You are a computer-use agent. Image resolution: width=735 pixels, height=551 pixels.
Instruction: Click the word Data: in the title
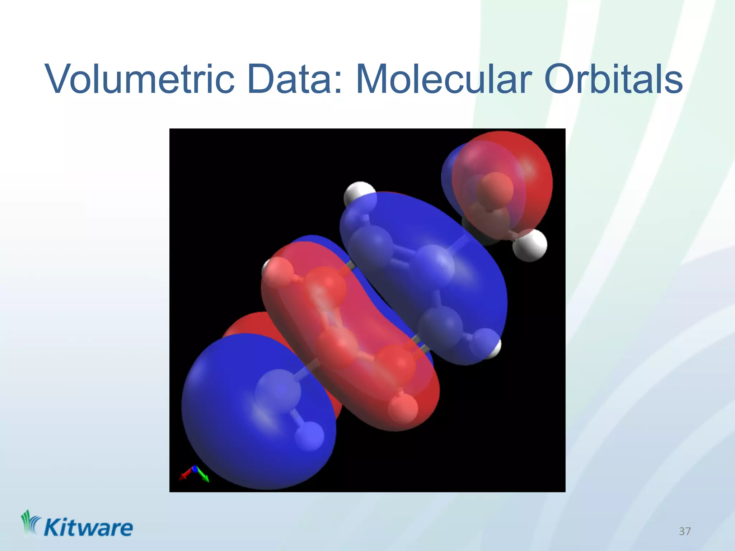click(x=294, y=79)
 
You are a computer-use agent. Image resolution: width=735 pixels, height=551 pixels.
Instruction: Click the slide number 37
click(x=685, y=531)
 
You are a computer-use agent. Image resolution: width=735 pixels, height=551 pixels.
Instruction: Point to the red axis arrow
click(x=185, y=475)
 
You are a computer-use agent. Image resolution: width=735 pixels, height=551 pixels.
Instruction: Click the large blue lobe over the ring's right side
click(x=467, y=273)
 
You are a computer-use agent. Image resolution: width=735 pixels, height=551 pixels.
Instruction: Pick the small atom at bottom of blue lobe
click(x=309, y=436)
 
